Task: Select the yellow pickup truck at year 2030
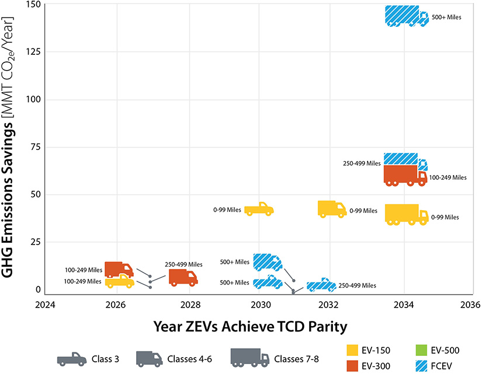(258, 209)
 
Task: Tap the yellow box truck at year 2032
(331, 209)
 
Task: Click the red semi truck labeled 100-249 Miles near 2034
(405, 176)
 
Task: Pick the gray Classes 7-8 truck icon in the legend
(249, 357)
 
